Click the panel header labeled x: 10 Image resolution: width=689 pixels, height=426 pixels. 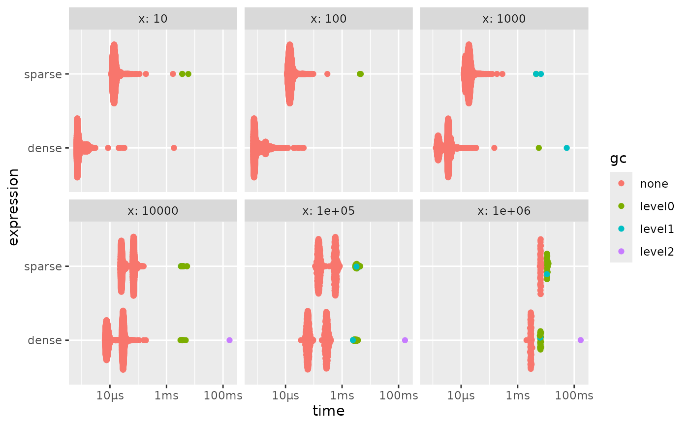[x=153, y=19]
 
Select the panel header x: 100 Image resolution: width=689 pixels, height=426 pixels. [x=328, y=19]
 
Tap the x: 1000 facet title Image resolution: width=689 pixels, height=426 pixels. [x=504, y=19]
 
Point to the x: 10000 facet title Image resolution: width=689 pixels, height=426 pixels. [x=153, y=211]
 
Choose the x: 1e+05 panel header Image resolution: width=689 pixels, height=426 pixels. [x=328, y=211]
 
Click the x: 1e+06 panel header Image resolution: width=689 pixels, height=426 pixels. [x=504, y=211]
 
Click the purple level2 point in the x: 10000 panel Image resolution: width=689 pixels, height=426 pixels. [x=229, y=340]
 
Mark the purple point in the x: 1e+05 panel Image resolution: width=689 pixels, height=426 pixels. [x=405, y=340]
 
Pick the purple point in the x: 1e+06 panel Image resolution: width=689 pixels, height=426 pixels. [x=580, y=340]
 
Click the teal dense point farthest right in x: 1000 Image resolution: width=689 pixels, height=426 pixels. [x=566, y=148]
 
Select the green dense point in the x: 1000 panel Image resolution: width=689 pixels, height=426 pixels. [x=538, y=148]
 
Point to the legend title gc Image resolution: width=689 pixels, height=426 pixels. [x=618, y=159]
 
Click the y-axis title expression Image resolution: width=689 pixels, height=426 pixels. [x=14, y=207]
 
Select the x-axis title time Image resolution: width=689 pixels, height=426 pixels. [x=328, y=411]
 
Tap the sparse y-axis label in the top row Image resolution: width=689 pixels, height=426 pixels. [x=43, y=74]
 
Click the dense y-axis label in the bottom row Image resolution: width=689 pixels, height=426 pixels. [x=44, y=340]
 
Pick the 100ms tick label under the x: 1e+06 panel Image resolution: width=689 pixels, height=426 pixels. [x=574, y=396]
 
